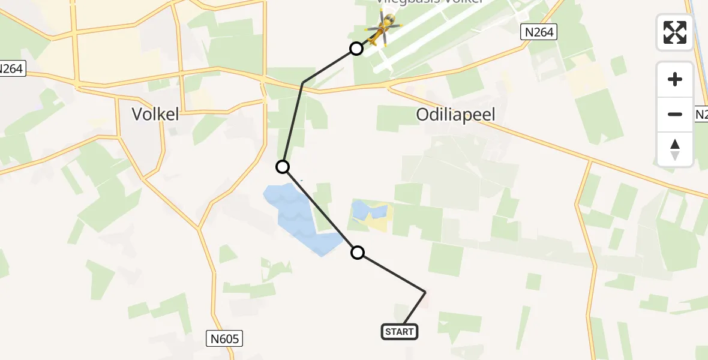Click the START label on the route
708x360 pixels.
[400, 332]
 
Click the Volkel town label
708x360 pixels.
[155, 114]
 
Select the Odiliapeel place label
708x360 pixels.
[456, 115]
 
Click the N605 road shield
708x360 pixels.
[226, 339]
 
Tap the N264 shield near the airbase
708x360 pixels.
[538, 32]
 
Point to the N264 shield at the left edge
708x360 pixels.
[11, 69]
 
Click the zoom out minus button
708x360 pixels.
[675, 114]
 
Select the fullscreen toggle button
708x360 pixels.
[675, 32]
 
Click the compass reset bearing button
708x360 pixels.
[675, 149]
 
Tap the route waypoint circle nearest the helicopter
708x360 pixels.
[356, 49]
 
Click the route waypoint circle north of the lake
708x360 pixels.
[283, 167]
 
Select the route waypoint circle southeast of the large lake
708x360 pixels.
[358, 253]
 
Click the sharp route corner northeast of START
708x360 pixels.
[425, 292]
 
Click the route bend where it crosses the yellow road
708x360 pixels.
[303, 82]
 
